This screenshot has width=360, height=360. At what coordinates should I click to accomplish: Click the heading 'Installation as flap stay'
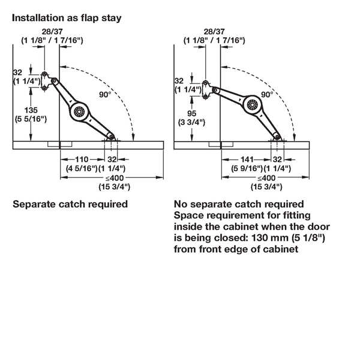pos(67,18)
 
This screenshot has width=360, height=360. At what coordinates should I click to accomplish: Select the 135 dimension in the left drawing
pos(31,110)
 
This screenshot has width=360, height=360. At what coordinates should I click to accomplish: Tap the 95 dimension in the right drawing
pos(192,113)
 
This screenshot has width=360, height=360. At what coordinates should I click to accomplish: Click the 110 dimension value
pos(82,160)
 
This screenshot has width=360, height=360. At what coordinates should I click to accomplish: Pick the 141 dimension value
pos(247,160)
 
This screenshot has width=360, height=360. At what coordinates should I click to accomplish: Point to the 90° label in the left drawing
pos(105,94)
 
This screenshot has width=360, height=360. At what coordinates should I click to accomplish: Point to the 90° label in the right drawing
pos(267,94)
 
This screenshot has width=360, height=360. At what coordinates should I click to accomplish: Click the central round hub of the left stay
pos(79,112)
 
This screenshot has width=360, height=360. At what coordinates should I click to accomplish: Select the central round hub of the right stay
pos(252,105)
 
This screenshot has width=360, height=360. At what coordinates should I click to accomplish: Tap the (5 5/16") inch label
pos(31,119)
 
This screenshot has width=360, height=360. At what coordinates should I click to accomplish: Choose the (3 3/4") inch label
pos(192,122)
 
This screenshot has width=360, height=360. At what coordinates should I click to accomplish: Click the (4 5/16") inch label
pos(82,169)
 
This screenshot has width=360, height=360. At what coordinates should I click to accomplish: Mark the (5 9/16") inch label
pos(247,169)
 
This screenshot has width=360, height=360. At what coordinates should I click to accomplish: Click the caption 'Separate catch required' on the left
pos(70,204)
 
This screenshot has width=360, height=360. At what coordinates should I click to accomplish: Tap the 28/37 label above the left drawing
pos(52,31)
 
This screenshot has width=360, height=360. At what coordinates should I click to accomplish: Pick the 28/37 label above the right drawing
pos(214,31)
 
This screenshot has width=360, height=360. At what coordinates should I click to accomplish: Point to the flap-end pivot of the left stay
pos(112,137)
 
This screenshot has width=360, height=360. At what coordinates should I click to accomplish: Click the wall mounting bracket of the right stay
pos(206,90)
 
